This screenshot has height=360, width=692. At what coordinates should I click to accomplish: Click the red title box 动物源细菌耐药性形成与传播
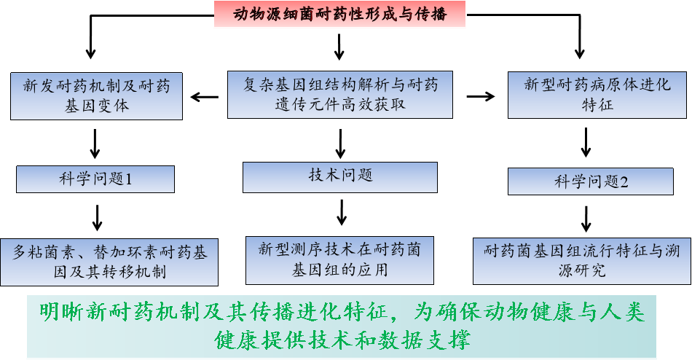339,15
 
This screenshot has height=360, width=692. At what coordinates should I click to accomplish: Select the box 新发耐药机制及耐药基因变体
96,95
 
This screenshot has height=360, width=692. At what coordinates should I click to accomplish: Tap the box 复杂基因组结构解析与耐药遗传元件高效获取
340,95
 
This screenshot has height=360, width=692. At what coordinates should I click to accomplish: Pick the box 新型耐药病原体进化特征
597,94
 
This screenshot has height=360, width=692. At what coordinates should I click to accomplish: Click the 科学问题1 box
95,179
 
